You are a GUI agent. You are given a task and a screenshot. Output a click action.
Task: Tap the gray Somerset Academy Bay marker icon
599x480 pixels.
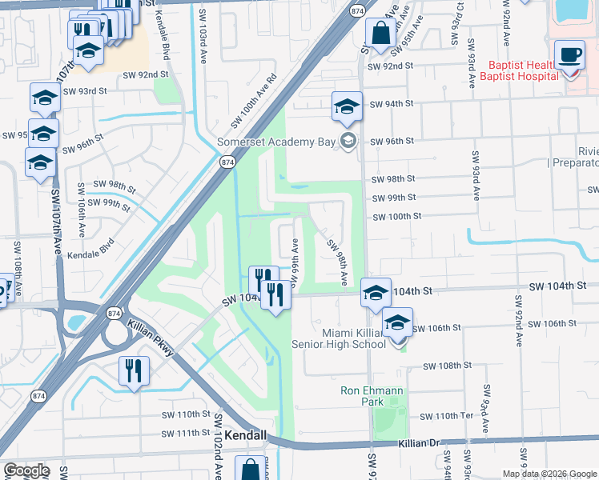[348, 142]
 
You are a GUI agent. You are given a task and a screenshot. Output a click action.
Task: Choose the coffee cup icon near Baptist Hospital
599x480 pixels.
[570, 56]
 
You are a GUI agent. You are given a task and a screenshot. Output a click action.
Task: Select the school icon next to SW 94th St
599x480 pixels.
[347, 107]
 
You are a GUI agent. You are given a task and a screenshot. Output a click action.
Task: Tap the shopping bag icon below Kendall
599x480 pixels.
[251, 470]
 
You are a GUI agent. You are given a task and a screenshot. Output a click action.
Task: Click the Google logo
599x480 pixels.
[26, 470]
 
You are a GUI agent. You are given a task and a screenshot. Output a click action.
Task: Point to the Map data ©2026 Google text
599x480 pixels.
[549, 474]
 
